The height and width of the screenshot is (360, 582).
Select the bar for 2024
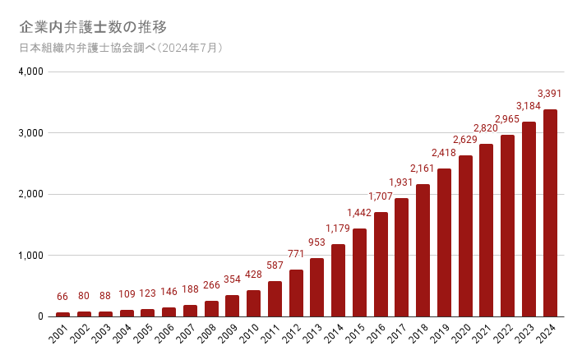click(550, 213)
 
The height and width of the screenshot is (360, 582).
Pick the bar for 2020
click(465, 236)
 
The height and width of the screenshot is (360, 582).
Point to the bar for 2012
click(296, 293)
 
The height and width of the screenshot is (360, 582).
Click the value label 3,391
click(549, 93)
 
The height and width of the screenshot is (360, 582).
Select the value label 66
click(62, 297)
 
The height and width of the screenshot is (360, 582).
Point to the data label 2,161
click(423, 168)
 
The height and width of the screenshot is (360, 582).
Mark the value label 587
click(275, 265)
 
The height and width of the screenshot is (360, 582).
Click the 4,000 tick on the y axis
click(30, 72)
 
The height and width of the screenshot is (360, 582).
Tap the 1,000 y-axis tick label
click(30, 256)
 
